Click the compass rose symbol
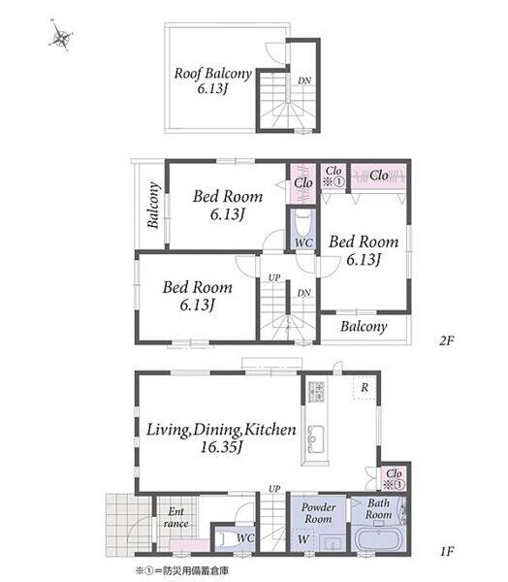(x=61, y=37)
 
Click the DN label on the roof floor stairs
(x=304, y=81)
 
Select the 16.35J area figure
(x=221, y=447)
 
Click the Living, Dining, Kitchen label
(x=221, y=430)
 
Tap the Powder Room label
(x=318, y=513)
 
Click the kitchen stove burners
(x=316, y=392)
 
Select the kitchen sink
(x=315, y=439)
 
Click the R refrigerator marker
(x=365, y=387)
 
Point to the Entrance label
(x=176, y=517)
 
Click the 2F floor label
(x=446, y=340)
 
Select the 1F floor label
(x=447, y=551)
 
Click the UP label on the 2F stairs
(x=273, y=277)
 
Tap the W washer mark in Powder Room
(x=303, y=539)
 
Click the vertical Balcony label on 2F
(x=153, y=205)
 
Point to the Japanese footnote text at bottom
(x=181, y=570)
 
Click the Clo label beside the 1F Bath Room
(x=394, y=473)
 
